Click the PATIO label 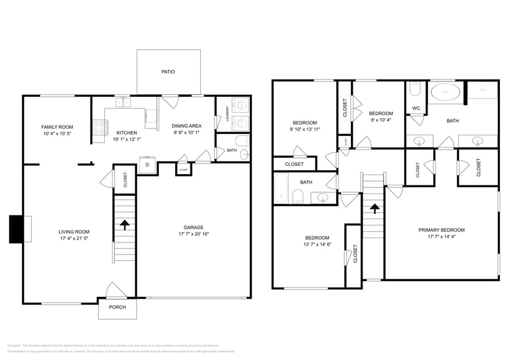tap(168, 72)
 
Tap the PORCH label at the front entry tap(117, 307)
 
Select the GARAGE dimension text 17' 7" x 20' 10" tap(194, 234)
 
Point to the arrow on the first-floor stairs tap(124, 225)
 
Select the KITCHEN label tap(127, 132)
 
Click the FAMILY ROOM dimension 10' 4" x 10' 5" tap(58, 133)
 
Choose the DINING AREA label tap(187, 126)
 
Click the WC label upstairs tap(416, 108)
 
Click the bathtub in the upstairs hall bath tap(281, 189)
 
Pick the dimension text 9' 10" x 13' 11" tap(304, 129)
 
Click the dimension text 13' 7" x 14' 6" tap(317, 245)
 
